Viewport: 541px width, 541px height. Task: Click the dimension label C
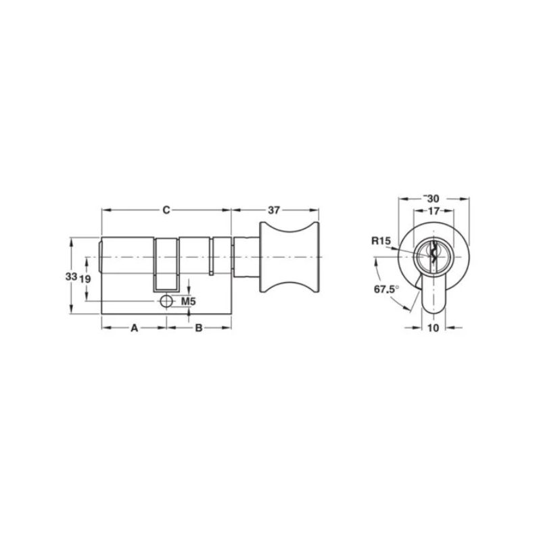165,210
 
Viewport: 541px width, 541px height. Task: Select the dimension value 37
273,210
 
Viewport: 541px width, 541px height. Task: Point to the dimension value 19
85,279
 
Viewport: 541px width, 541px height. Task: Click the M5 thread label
189,301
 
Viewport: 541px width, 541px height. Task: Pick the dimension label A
134,328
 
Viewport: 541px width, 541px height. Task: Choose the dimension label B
199,328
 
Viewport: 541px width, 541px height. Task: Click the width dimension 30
433,199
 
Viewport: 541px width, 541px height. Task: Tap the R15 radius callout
380,240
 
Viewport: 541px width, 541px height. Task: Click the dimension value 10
433,328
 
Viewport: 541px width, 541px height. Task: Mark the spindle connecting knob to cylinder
245,259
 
